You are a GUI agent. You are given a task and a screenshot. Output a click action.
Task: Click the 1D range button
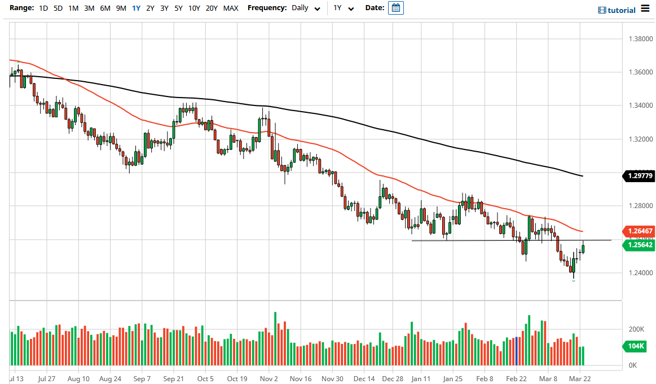(x=43, y=8)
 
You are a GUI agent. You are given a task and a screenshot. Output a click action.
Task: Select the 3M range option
(x=89, y=8)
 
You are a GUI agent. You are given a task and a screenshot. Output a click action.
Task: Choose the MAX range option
(x=230, y=8)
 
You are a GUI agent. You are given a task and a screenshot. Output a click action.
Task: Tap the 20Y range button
(x=212, y=8)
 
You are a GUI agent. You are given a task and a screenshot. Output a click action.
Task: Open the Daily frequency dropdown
(x=306, y=8)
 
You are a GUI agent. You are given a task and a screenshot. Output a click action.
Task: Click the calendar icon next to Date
(x=396, y=8)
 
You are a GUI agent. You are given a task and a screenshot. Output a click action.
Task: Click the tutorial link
(x=617, y=10)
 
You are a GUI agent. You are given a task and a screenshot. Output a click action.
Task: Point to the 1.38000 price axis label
(x=640, y=39)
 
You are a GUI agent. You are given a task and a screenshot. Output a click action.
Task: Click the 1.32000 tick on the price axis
(x=640, y=139)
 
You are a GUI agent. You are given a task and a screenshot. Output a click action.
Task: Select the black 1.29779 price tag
(x=640, y=176)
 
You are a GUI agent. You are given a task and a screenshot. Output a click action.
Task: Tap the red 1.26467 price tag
(x=640, y=231)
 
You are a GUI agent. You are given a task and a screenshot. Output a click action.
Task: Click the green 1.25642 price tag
(x=640, y=245)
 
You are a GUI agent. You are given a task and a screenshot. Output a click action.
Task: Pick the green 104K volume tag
(x=635, y=346)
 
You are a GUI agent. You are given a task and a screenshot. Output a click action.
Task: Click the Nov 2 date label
(x=270, y=379)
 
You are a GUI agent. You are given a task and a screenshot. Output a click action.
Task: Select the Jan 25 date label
(x=452, y=379)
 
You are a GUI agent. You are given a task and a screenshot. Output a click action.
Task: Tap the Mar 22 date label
(x=579, y=379)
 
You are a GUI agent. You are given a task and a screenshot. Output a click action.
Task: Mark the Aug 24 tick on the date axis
(x=110, y=379)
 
